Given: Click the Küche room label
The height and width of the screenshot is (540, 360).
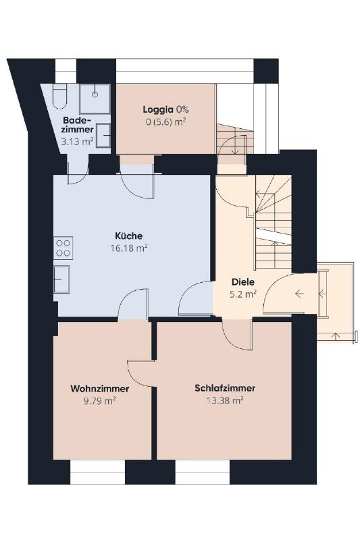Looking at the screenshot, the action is [128, 236].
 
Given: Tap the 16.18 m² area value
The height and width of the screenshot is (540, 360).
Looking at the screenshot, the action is [129, 248].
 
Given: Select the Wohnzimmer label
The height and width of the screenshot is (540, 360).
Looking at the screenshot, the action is [100, 389].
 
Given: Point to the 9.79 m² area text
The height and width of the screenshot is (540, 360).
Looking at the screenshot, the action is [100, 401].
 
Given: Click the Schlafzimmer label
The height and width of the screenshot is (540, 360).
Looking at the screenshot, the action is [225, 388].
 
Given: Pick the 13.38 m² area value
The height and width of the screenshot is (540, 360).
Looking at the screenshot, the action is [225, 400].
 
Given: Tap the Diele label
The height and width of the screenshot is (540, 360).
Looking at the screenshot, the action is [243, 282].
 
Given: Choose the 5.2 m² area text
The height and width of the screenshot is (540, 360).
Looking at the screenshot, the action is [243, 294].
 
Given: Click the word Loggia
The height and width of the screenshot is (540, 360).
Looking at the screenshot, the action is [158, 110].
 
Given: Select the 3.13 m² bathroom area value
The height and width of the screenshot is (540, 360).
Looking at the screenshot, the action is [77, 141].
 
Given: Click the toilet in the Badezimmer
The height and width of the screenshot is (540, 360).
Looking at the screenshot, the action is [59, 96].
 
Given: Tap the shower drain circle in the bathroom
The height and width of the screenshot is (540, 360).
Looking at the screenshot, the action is [95, 94].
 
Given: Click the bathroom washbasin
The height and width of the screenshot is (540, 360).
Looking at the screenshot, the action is [103, 136].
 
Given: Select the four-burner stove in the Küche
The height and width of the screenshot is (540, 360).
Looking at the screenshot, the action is [63, 248].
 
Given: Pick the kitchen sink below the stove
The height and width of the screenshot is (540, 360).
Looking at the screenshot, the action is [61, 279].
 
